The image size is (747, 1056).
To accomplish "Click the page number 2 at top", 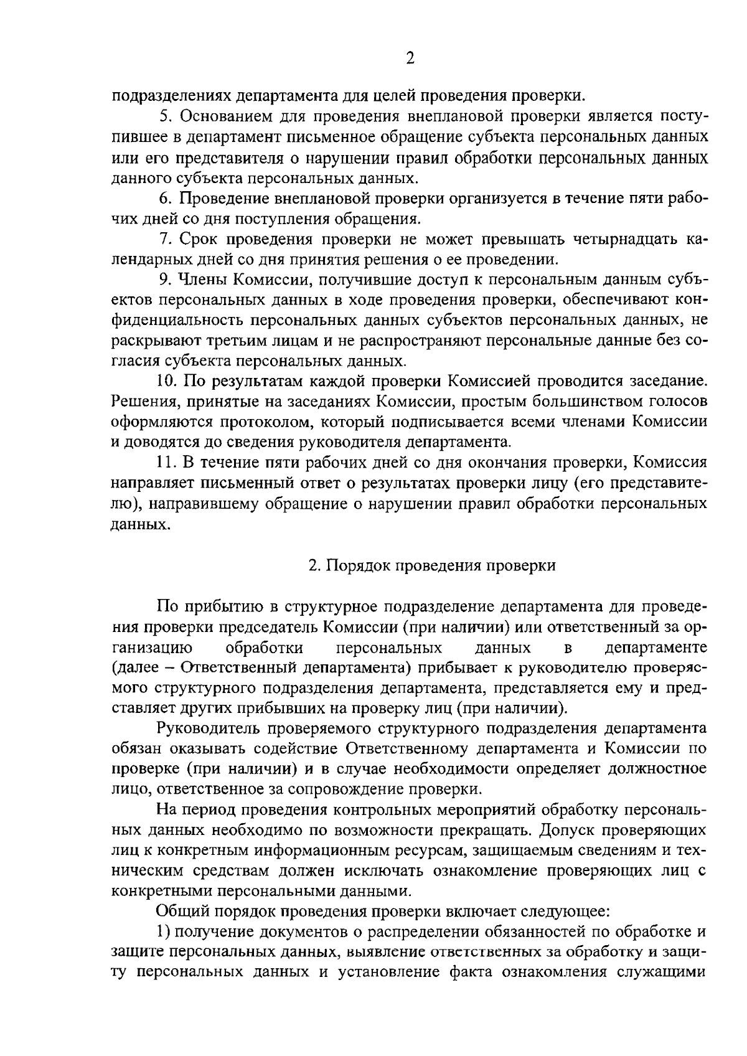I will click(410, 59).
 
